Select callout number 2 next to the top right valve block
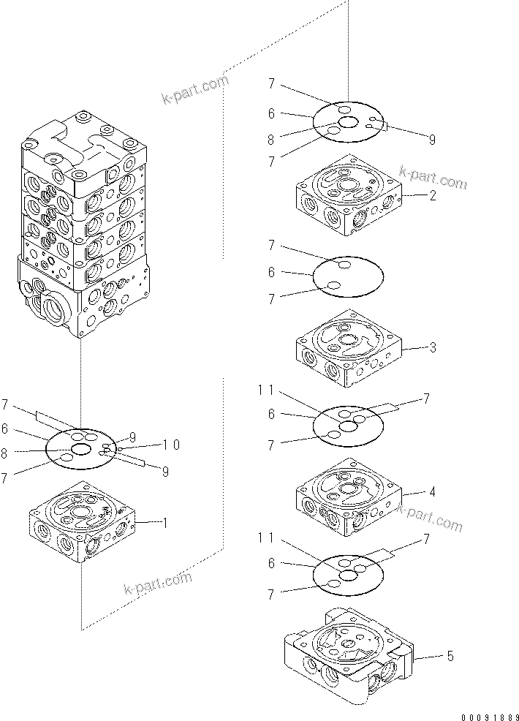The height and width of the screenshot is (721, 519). pos(433,195)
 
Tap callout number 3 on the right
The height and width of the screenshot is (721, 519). pos(433,347)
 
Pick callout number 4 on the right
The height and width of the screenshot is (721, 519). pos(433,492)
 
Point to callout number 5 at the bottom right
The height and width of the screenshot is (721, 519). pos(450,656)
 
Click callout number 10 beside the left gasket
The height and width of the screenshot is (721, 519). pos(172,445)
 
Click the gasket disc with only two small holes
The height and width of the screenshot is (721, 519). pos(348,276)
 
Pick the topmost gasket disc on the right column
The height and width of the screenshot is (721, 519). pos(348,122)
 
